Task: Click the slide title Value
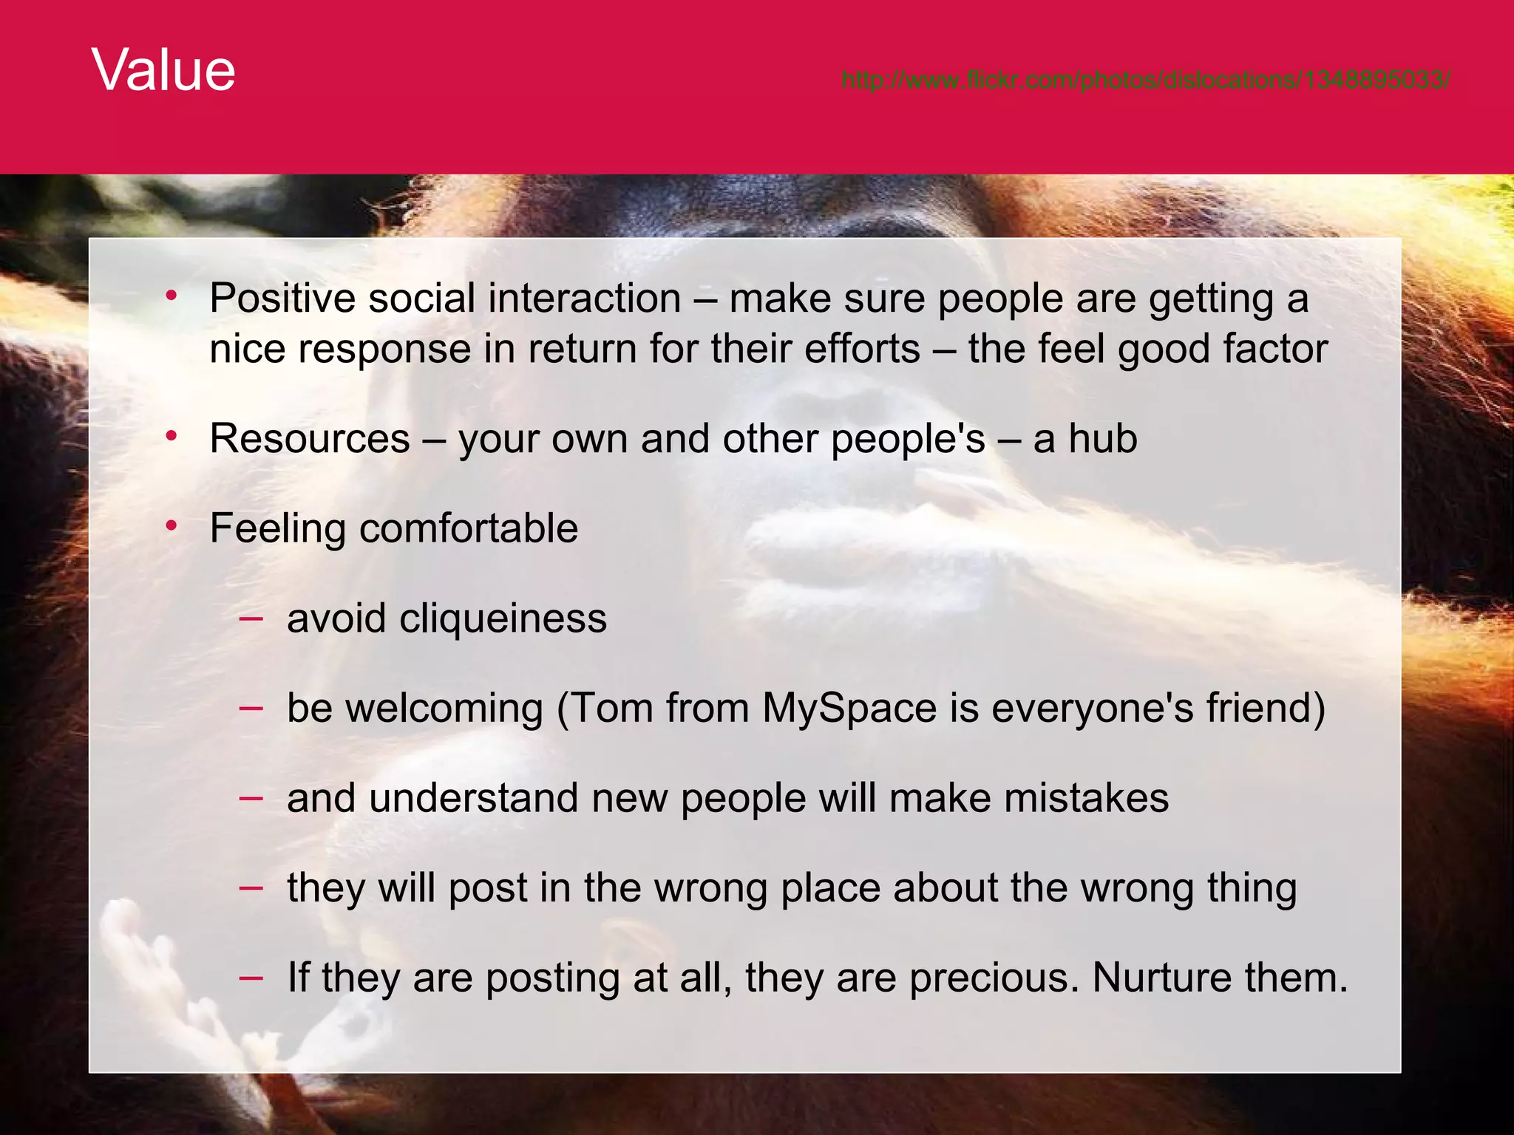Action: coord(163,70)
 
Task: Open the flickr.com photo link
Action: coord(1145,80)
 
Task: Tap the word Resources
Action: coord(309,439)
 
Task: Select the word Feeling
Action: coord(277,529)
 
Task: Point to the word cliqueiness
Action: coord(503,618)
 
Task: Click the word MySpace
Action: coord(849,708)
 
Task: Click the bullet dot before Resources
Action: coord(172,437)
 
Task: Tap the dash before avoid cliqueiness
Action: coord(251,618)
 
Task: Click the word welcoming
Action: coord(444,708)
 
